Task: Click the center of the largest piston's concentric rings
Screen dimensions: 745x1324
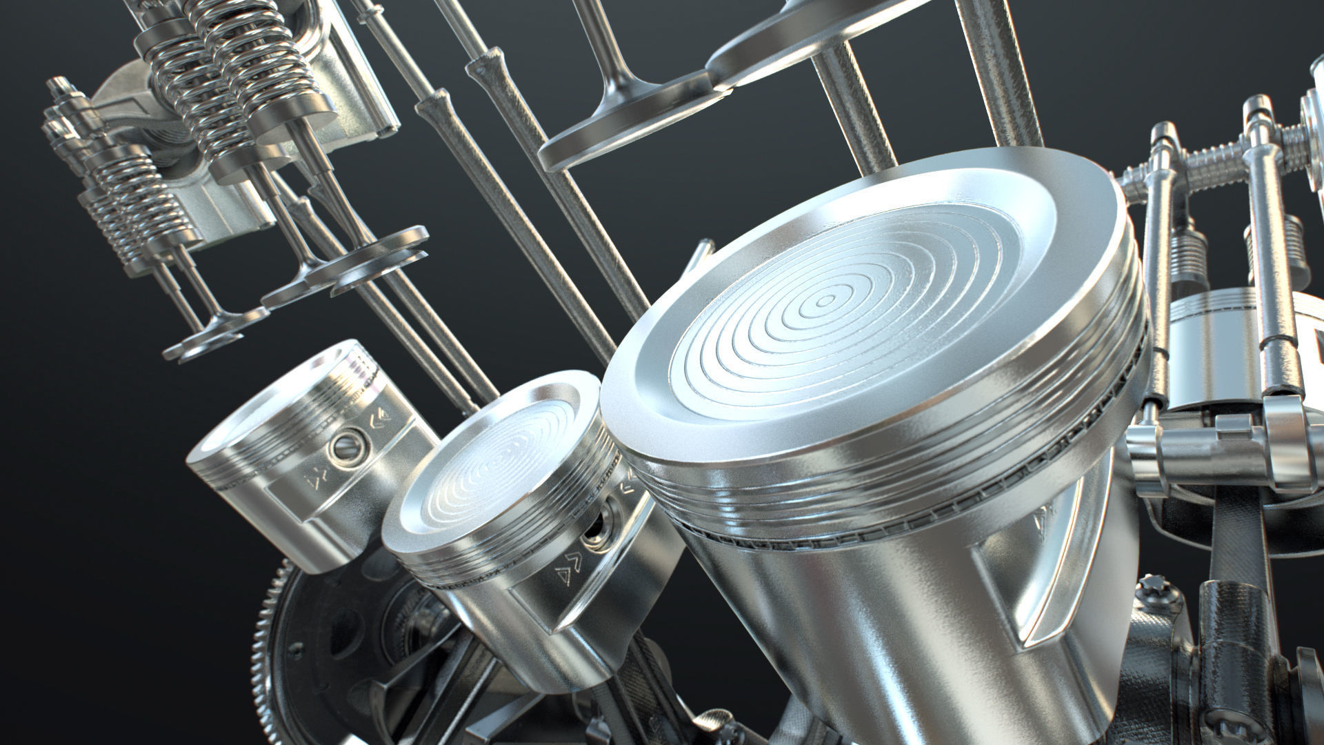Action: coord(825,301)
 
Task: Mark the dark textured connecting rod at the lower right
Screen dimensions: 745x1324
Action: coord(1234,662)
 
